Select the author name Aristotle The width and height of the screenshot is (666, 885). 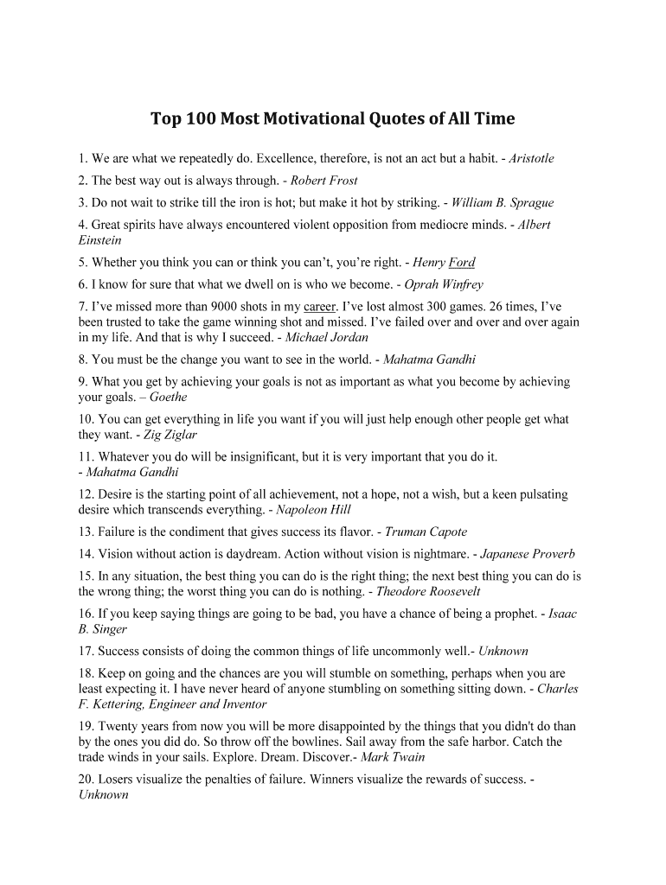pos(531,158)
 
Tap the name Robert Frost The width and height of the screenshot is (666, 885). pos(323,181)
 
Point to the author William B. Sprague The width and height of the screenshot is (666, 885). pos(503,203)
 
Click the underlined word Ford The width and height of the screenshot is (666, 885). pos(462,263)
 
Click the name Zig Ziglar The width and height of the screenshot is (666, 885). pos(171,435)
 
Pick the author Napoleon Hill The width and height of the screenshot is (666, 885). pos(313,509)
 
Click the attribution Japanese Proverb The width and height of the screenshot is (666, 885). pos(527,554)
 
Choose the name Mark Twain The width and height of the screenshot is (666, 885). pos(393,757)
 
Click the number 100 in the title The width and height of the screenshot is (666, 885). pos(199,118)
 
